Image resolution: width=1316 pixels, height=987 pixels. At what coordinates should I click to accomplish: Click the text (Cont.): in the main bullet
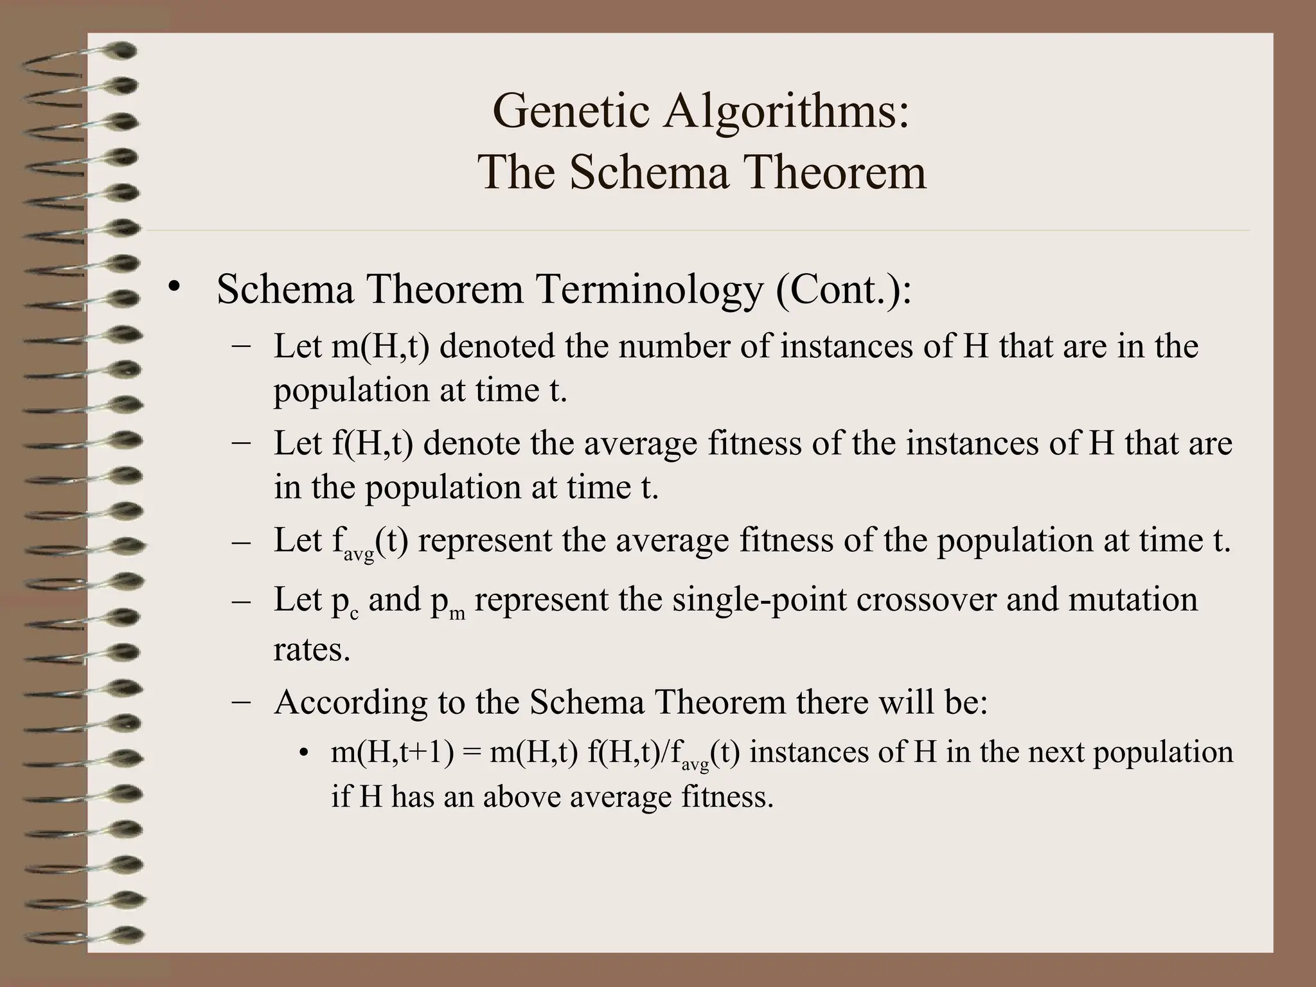(x=844, y=290)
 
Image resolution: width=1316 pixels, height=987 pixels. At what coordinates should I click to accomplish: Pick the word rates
(x=312, y=650)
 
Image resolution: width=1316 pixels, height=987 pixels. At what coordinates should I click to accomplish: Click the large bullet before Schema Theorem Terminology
(x=172, y=287)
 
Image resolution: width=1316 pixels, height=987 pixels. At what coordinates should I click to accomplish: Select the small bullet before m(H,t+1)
(x=304, y=753)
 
